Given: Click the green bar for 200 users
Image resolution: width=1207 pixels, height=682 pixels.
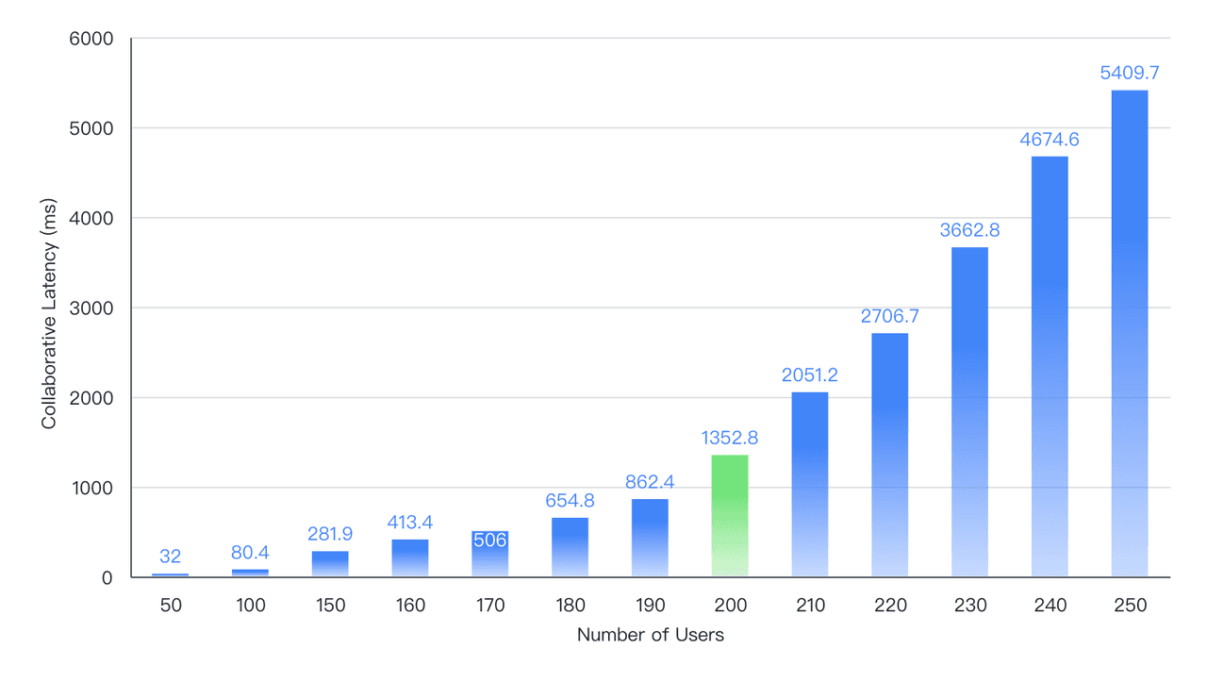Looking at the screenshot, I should pyautogui.click(x=730, y=516).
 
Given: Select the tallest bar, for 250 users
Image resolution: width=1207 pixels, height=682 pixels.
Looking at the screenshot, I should pyautogui.click(x=1129, y=334).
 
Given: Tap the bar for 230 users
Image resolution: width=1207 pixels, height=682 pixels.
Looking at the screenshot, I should pyautogui.click(x=969, y=412).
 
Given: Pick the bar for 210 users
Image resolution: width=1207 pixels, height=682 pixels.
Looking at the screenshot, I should pyautogui.click(x=810, y=485).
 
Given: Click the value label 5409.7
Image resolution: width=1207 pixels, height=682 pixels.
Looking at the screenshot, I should pyautogui.click(x=1129, y=73).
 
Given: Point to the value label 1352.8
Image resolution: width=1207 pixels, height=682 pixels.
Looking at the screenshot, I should pyautogui.click(x=730, y=438).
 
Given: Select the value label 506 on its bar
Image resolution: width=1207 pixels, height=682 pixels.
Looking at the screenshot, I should pyautogui.click(x=489, y=541).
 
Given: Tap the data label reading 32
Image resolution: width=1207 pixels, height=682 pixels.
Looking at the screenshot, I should pyautogui.click(x=170, y=557).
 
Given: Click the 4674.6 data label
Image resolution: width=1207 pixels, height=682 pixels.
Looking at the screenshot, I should pyautogui.click(x=1049, y=140).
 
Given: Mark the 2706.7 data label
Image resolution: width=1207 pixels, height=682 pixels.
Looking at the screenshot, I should pyautogui.click(x=889, y=316).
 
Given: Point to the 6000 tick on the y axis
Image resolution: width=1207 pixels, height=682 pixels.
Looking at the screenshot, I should pyautogui.click(x=92, y=39).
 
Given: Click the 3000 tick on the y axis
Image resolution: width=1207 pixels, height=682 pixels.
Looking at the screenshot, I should pyautogui.click(x=92, y=308).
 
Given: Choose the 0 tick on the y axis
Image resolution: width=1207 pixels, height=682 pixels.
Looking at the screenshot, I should pyautogui.click(x=107, y=577).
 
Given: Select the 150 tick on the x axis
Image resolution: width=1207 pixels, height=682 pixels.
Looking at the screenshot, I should pyautogui.click(x=330, y=606).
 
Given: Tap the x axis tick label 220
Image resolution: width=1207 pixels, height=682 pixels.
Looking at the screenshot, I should pyautogui.click(x=889, y=606).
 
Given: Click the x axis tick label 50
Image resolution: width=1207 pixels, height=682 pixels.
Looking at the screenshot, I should pyautogui.click(x=170, y=606).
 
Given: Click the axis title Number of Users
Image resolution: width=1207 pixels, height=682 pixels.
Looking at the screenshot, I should pyautogui.click(x=650, y=635).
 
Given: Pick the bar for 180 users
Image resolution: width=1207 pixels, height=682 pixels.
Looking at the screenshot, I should pyautogui.click(x=570, y=547).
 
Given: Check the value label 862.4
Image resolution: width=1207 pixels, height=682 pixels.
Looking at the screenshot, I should pyautogui.click(x=650, y=482).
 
